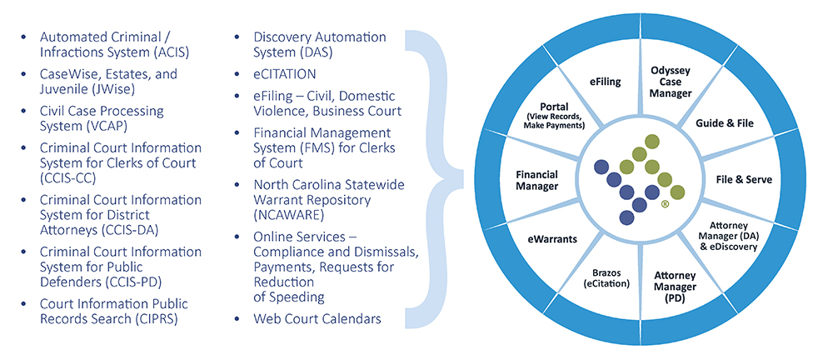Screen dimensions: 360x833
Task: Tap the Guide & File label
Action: pyautogui.click(x=724, y=123)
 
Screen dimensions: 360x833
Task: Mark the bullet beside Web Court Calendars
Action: pyautogui.click(x=237, y=318)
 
